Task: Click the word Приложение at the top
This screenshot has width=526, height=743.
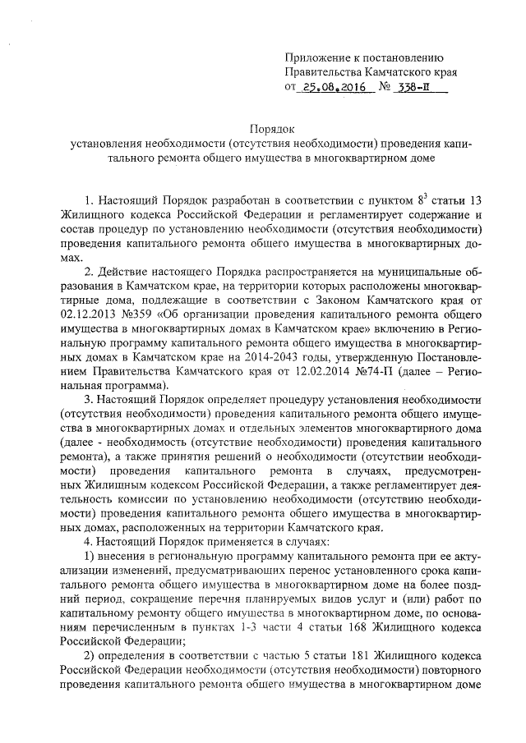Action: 315,56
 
